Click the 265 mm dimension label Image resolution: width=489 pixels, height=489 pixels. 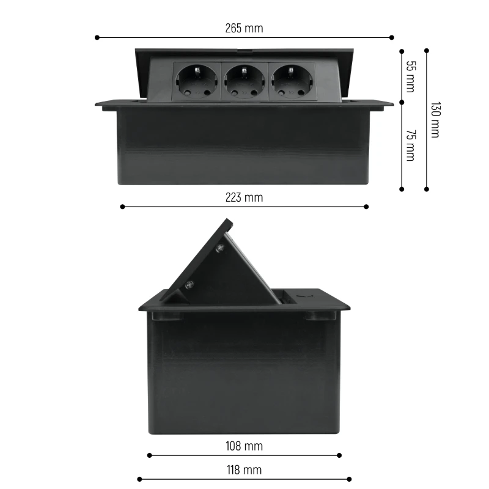pos(244,28)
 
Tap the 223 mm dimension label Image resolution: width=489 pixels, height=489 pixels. pos(244,197)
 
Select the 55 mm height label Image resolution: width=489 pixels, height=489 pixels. pos(411,76)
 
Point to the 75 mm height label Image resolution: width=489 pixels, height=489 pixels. pos(411,145)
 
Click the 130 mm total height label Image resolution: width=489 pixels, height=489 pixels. pos(436,119)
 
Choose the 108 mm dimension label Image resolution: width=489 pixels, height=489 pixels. pos(244,446)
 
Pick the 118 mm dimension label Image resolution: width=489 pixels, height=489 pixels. pos(244,470)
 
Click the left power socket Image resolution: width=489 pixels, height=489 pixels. pos(196,81)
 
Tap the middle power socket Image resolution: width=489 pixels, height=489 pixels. pos(244,81)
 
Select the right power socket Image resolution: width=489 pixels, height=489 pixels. pos(292,81)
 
